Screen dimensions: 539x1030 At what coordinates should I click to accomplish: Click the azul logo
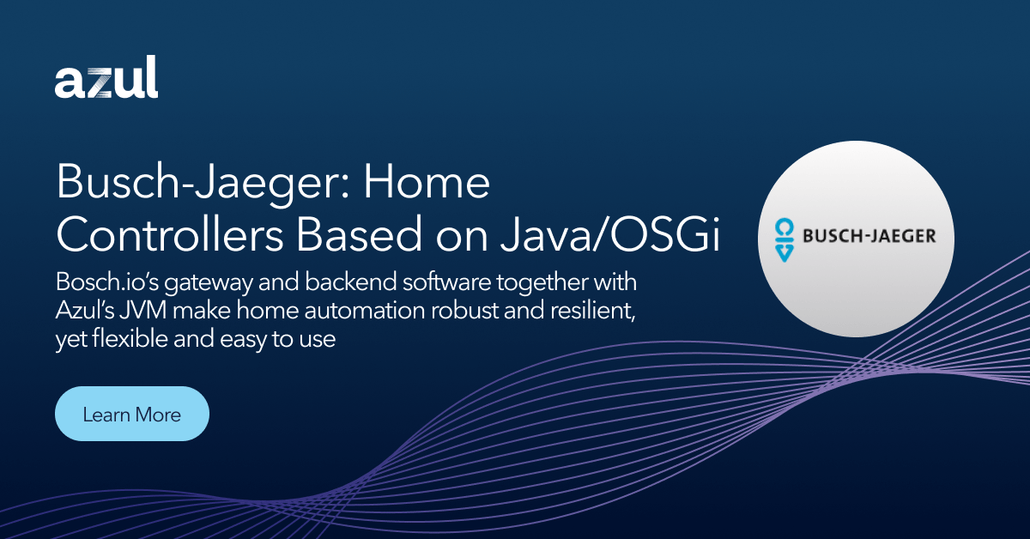pyautogui.click(x=106, y=81)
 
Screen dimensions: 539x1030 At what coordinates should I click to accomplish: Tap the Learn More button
pyautogui.click(x=132, y=415)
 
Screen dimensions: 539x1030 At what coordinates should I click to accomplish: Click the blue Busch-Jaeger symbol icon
pyautogui.click(x=783, y=238)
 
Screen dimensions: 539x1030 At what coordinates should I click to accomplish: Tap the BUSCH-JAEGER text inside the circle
pyautogui.click(x=869, y=236)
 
